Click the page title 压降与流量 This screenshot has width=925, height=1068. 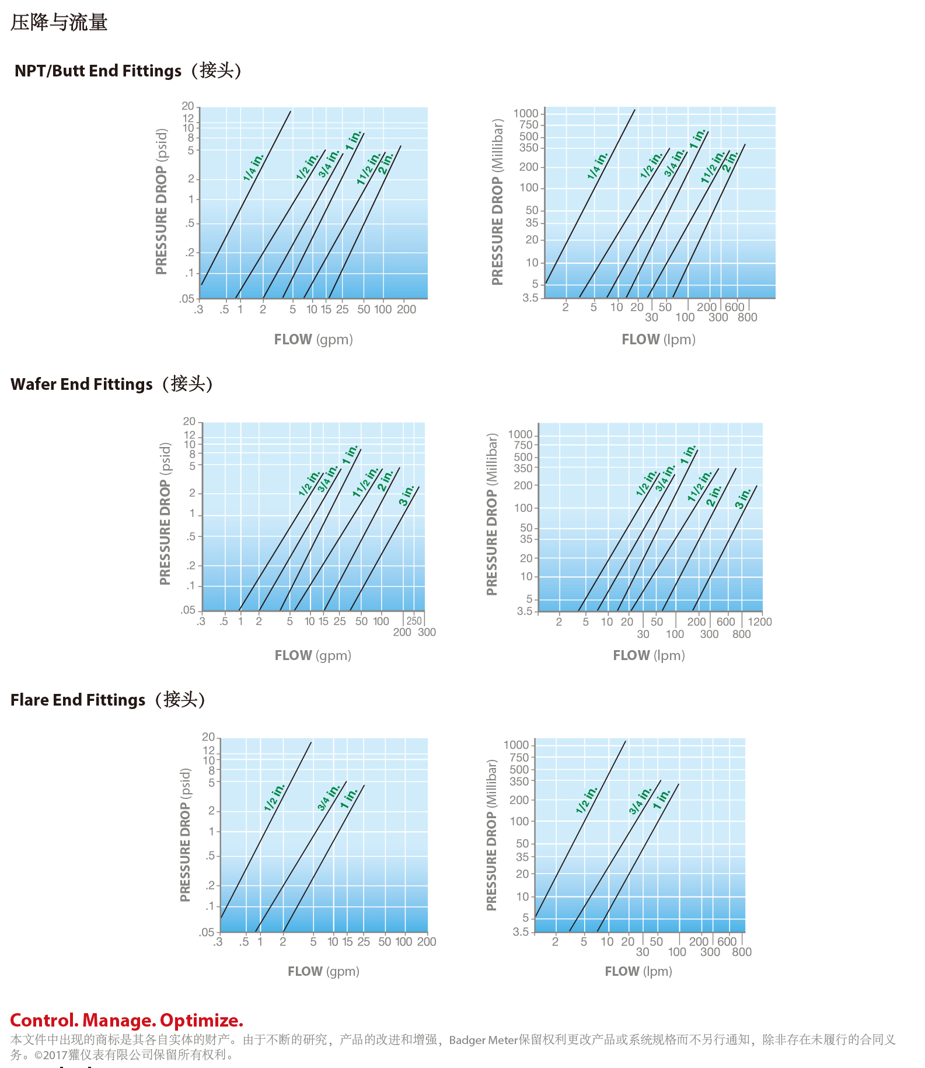pyautogui.click(x=59, y=23)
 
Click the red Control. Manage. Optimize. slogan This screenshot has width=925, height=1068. pyautogui.click(x=127, y=1020)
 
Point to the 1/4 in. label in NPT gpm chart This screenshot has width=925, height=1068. pyautogui.click(x=253, y=167)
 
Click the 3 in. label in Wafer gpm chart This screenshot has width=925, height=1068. pyautogui.click(x=407, y=495)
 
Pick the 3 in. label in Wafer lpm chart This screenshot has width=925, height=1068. pyautogui.click(x=743, y=498)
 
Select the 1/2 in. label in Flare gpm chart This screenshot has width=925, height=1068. pyautogui.click(x=274, y=798)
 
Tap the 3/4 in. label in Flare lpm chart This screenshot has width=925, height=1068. pyautogui.click(x=640, y=801)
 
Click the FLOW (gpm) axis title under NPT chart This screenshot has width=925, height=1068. pyautogui.click(x=313, y=340)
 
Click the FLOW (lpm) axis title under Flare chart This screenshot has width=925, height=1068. pyautogui.click(x=638, y=971)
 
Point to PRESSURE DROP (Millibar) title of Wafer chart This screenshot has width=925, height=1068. pyautogui.click(x=492, y=514)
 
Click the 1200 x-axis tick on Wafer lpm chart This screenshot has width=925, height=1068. pyautogui.click(x=760, y=622)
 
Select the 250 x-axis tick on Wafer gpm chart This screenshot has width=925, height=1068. pyautogui.click(x=414, y=620)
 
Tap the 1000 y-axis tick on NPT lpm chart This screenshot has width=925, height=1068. pyautogui.click(x=526, y=113)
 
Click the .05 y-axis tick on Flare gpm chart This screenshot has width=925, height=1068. pyautogui.click(x=207, y=932)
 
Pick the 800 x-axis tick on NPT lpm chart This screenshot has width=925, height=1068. pyautogui.click(x=748, y=317)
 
